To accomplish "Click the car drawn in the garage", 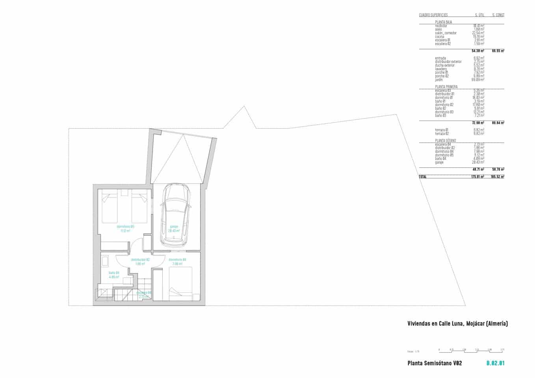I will click(x=175, y=215).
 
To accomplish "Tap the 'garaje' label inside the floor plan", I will click(x=174, y=227).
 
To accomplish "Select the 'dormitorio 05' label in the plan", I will click(x=126, y=227).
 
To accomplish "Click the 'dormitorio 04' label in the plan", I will click(x=177, y=260).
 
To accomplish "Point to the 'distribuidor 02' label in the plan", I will click(x=140, y=260).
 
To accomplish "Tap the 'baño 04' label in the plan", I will click(x=114, y=273).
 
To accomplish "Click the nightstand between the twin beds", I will click(x=125, y=193).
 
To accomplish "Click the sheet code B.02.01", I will click(x=495, y=363).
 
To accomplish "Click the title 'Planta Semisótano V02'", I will click(x=435, y=363).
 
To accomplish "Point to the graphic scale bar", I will click(x=471, y=350).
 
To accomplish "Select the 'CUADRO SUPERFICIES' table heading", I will click(x=433, y=15).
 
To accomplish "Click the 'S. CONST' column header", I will click(x=498, y=15).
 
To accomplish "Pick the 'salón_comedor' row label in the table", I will click(x=446, y=33).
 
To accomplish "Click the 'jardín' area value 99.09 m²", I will click(x=479, y=80).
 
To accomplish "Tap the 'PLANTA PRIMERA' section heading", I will click(x=446, y=87).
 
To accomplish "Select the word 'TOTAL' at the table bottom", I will click(x=422, y=177).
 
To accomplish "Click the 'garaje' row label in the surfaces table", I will click(x=439, y=163).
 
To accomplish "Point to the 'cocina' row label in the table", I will click(x=440, y=37).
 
